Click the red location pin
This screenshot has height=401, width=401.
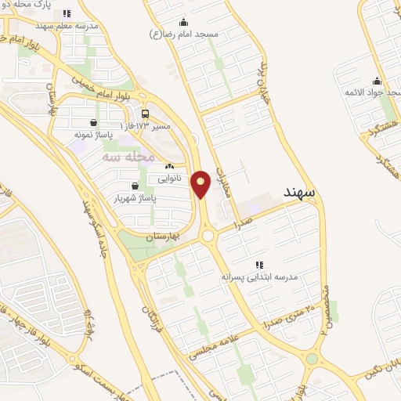(x=201, y=183)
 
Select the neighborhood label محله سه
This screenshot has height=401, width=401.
(x=125, y=157)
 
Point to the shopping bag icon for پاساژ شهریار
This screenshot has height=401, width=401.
(x=135, y=186)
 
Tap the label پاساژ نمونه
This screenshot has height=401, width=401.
(x=94, y=135)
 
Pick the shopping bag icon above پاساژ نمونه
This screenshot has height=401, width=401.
(x=94, y=122)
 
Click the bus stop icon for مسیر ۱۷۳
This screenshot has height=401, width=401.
(x=145, y=114)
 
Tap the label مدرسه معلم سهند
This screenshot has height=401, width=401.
(x=70, y=25)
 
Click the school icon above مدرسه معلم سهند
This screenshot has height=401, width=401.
(x=67, y=13)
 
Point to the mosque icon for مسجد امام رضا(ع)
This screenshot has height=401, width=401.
(x=183, y=22)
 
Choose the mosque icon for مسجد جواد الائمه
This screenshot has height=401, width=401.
(x=377, y=81)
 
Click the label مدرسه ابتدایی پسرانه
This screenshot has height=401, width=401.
(x=259, y=276)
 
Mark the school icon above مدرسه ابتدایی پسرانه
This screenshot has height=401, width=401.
(x=259, y=265)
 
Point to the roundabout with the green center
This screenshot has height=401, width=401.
(x=208, y=236)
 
